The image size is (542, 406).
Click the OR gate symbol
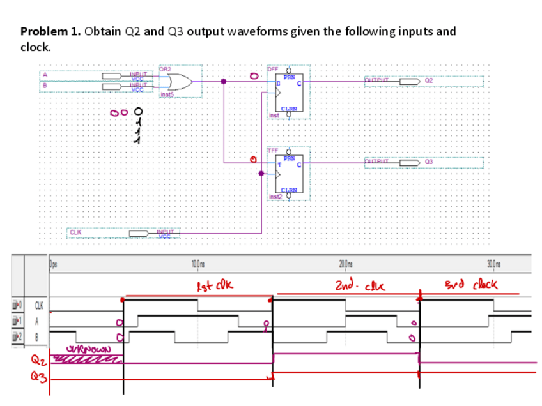tap(179, 82)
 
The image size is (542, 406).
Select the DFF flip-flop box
tap(286, 93)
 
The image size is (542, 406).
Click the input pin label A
tap(44, 74)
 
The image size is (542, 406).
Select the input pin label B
tap(44, 83)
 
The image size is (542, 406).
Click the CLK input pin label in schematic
tap(75, 232)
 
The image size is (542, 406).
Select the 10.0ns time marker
tap(197, 264)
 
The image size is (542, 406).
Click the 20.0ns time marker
tap(346, 264)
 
